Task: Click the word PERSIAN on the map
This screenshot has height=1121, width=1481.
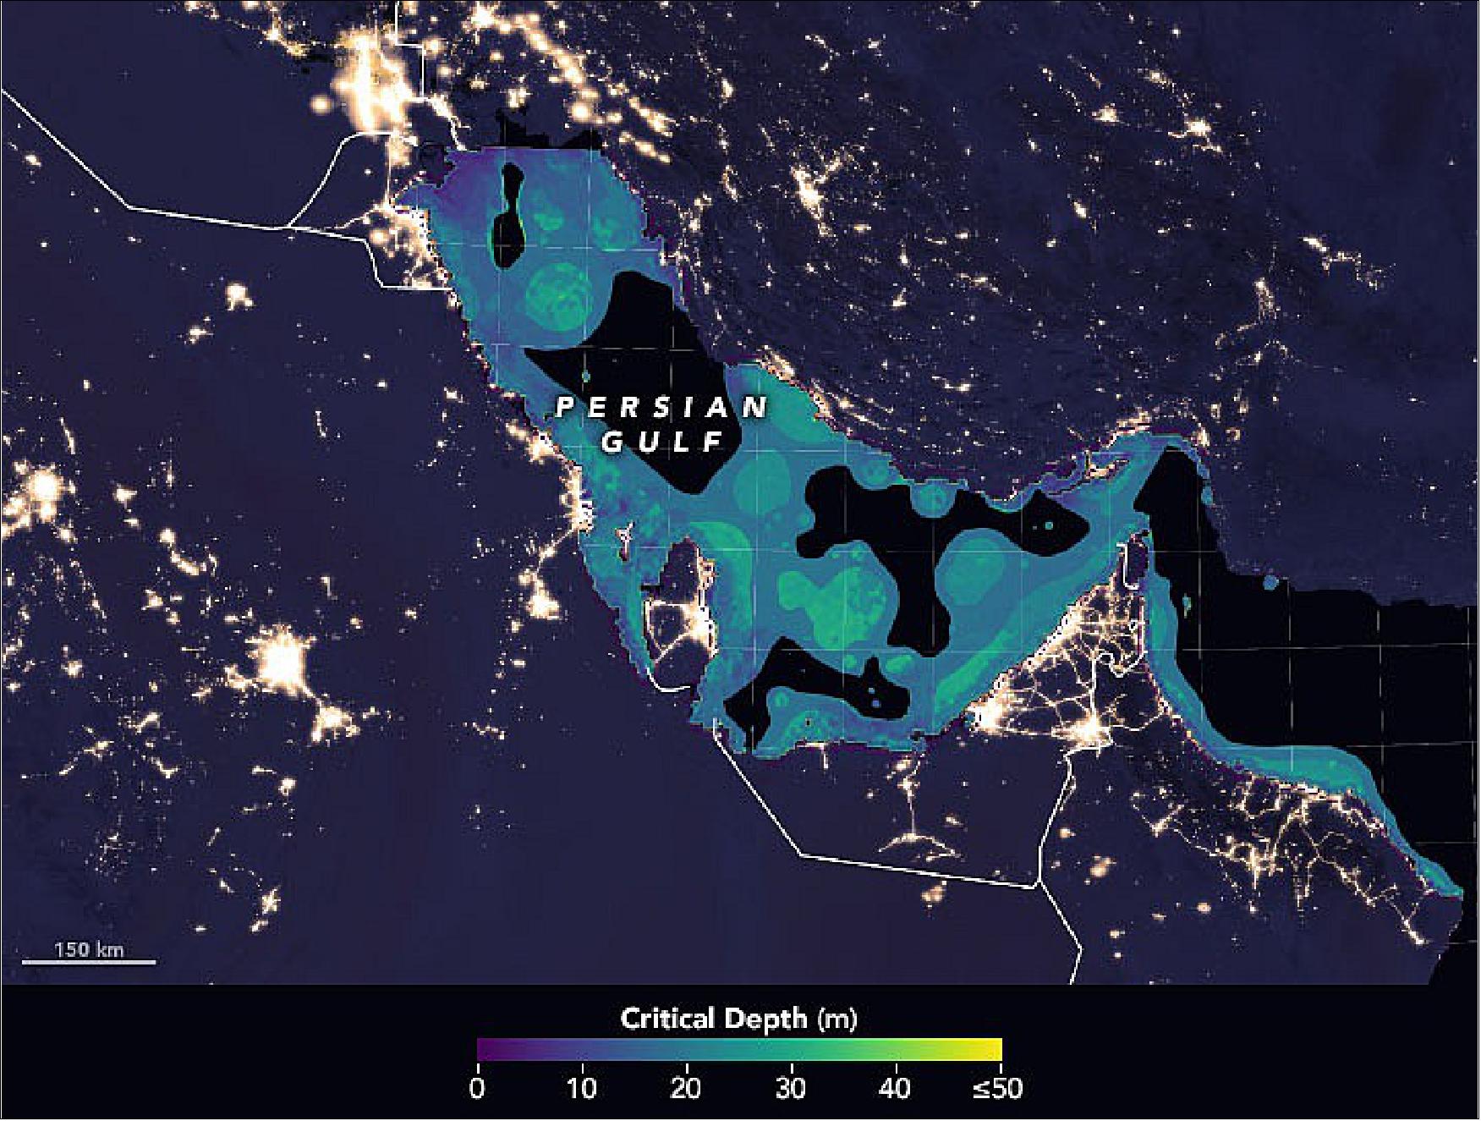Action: [x=661, y=408]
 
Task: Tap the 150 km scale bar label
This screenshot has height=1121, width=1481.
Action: [x=89, y=949]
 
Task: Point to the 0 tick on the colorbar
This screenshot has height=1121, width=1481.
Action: [x=478, y=1087]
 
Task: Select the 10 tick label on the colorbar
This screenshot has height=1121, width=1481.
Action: [x=582, y=1087]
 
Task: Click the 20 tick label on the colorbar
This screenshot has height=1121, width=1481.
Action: [x=686, y=1087]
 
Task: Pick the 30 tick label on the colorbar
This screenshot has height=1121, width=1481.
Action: [x=790, y=1087]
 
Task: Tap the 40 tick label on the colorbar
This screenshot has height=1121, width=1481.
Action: [x=895, y=1087]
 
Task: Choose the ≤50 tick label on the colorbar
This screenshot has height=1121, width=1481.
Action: [x=997, y=1087]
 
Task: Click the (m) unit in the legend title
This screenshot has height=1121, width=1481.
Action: [x=836, y=1019]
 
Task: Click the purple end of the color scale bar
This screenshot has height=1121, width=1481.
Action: [x=485, y=1049]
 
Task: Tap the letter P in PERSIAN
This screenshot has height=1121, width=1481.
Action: [x=564, y=408]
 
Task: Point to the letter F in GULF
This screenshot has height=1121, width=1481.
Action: [x=715, y=442]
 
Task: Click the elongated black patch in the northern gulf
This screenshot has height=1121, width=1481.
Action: [x=508, y=216]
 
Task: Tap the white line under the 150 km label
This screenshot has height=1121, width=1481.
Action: [x=89, y=962]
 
